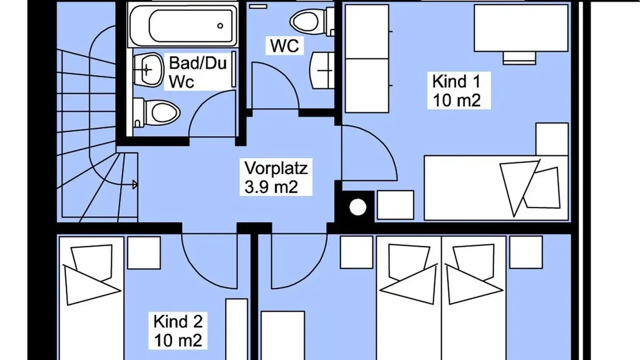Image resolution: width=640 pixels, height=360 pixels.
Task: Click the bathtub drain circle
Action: click(220, 26)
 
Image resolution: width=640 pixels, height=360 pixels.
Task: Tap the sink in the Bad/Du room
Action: click(148, 70)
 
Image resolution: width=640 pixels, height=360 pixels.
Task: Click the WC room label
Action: click(284, 46)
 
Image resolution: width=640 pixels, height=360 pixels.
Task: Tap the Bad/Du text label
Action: click(198, 63)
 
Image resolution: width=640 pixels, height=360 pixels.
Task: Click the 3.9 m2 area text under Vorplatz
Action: click(271, 188)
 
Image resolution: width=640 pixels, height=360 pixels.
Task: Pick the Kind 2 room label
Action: click(178, 321)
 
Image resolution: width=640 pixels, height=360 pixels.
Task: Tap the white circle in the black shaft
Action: click(358, 207)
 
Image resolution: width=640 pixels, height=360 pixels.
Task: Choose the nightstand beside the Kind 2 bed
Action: click(144, 252)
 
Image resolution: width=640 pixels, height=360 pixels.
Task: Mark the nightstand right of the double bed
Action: click(526, 252)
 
